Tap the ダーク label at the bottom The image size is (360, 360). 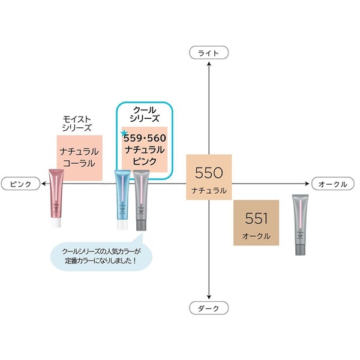[x=208, y=308]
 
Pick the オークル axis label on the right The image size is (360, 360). [x=333, y=183]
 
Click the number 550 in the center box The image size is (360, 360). [x=209, y=173]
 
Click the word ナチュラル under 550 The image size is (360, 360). [x=209, y=190]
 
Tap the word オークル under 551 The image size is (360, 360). [x=257, y=236]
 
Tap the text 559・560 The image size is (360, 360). [x=145, y=139]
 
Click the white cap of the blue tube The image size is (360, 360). [x=122, y=225]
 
